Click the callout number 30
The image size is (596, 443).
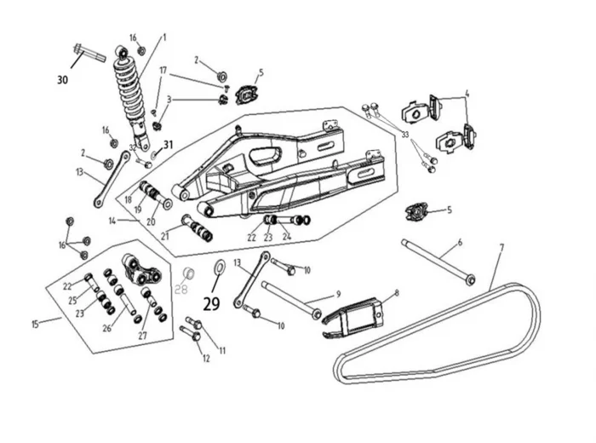click(x=62, y=80)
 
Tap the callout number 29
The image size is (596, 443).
click(x=212, y=301)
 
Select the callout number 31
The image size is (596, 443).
click(x=168, y=144)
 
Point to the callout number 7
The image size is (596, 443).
click(x=501, y=247)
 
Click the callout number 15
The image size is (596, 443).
click(x=35, y=324)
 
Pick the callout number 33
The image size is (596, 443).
click(x=405, y=135)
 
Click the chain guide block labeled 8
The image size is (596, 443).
click(x=358, y=314)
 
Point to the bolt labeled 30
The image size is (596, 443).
click(x=89, y=54)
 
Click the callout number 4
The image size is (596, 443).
click(x=467, y=93)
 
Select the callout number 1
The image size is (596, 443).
click(x=164, y=37)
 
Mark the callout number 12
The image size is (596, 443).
click(x=205, y=359)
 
